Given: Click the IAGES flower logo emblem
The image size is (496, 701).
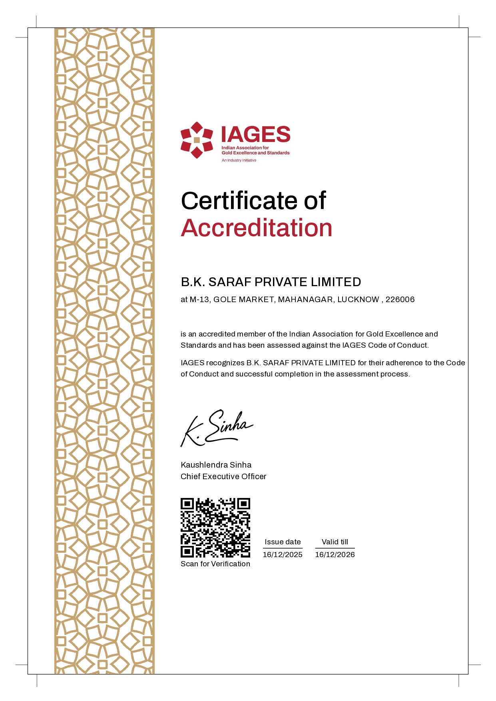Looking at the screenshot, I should click(197, 140).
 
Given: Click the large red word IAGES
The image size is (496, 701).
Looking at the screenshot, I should click(256, 135).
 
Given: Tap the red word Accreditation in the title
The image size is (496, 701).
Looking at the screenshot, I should click(257, 228).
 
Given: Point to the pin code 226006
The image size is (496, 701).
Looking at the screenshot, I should click(400, 299).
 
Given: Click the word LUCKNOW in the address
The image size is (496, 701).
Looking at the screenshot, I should click(358, 299).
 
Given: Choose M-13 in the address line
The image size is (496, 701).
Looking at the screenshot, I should click(199, 299).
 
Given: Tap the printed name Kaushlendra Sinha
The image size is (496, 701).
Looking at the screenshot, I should click(216, 465).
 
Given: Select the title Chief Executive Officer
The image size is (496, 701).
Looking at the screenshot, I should click(223, 476).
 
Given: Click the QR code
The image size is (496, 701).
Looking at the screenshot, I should click(215, 528).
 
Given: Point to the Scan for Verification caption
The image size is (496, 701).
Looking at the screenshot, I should click(215, 564).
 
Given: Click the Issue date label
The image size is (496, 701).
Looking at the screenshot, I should click(283, 542).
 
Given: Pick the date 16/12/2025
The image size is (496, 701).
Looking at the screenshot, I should click(283, 555).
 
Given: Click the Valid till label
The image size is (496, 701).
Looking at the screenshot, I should click(335, 542).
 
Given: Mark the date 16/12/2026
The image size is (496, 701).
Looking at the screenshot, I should click(335, 555).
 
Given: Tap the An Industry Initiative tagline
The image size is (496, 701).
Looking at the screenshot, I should click(239, 160).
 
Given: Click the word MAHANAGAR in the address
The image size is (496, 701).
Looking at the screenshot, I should click(305, 299).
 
